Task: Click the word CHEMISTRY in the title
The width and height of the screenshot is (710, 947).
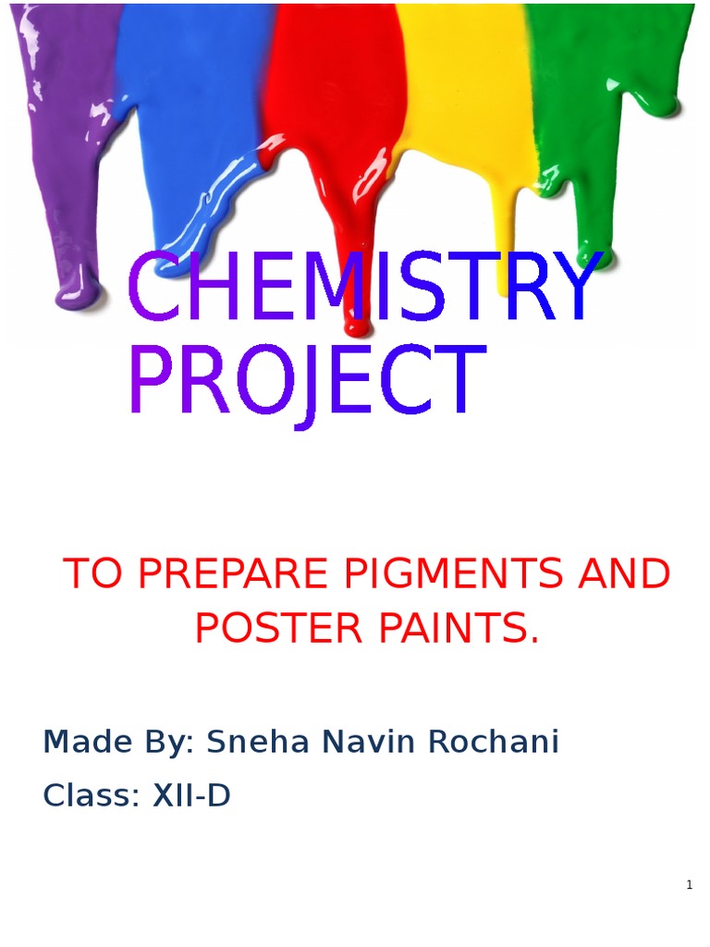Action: (363, 288)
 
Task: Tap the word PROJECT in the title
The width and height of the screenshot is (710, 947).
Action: (305, 382)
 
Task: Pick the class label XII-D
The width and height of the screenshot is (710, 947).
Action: (191, 795)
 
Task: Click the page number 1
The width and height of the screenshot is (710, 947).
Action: (689, 885)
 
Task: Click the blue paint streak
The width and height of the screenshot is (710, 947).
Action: (185, 139)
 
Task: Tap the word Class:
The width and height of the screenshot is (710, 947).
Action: (91, 795)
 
